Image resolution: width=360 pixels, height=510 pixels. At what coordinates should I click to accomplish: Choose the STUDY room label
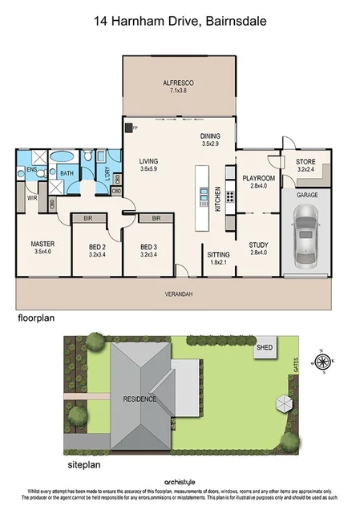[257, 245]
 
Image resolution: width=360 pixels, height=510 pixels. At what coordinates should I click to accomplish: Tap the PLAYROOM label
[258, 178]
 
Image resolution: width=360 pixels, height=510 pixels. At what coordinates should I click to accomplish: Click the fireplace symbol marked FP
[128, 127]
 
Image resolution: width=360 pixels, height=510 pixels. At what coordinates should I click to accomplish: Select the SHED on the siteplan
[263, 349]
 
